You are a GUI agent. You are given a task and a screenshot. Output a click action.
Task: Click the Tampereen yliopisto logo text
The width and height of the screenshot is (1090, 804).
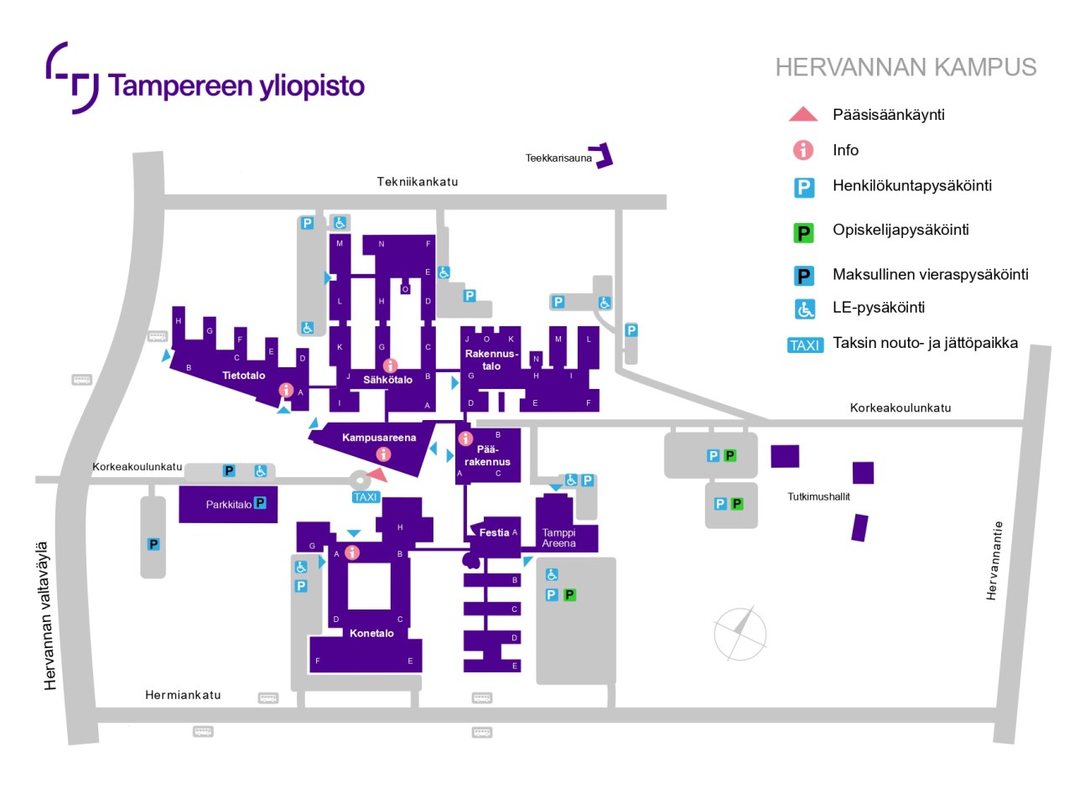tap(236, 86)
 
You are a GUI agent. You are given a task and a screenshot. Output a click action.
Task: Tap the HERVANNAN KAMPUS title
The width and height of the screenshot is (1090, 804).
tap(906, 68)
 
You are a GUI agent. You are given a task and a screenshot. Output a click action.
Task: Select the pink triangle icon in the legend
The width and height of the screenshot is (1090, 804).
tap(803, 115)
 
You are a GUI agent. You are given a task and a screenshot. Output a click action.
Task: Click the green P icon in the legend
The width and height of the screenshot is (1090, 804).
tap(804, 232)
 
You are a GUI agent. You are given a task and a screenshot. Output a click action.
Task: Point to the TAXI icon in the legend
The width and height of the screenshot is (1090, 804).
tap(805, 345)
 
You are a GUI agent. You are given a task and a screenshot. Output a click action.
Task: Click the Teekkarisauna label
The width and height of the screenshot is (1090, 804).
tap(558, 158)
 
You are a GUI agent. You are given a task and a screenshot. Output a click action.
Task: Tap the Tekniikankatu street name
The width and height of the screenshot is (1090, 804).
tap(418, 181)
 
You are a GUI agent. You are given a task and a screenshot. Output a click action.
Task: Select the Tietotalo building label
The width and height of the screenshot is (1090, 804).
tap(243, 376)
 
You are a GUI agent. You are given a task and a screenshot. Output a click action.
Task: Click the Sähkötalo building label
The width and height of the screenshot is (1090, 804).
tap(387, 380)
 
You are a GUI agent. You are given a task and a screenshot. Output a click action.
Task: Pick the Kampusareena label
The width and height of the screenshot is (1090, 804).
tap(379, 438)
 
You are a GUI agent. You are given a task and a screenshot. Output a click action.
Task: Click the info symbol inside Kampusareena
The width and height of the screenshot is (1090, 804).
tap(383, 454)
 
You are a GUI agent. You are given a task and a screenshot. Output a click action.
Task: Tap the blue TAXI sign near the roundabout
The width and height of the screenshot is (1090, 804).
tap(366, 497)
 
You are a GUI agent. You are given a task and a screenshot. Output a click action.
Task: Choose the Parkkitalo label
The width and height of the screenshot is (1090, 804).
tap(228, 505)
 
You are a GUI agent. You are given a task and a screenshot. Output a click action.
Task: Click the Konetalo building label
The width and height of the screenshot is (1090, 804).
tap(371, 633)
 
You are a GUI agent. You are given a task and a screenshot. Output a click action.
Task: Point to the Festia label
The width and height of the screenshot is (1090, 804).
tap(494, 532)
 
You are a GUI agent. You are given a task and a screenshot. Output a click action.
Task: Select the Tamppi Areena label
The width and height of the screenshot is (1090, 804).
tap(558, 538)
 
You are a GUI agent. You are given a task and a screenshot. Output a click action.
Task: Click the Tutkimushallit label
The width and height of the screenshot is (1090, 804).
tap(818, 496)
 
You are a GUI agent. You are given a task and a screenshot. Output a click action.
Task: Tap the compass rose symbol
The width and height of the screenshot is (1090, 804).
tap(740, 634)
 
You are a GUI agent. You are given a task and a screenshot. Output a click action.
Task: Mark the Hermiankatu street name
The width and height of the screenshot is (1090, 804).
tap(183, 695)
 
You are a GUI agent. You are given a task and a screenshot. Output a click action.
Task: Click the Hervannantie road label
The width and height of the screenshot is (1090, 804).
tap(994, 561)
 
